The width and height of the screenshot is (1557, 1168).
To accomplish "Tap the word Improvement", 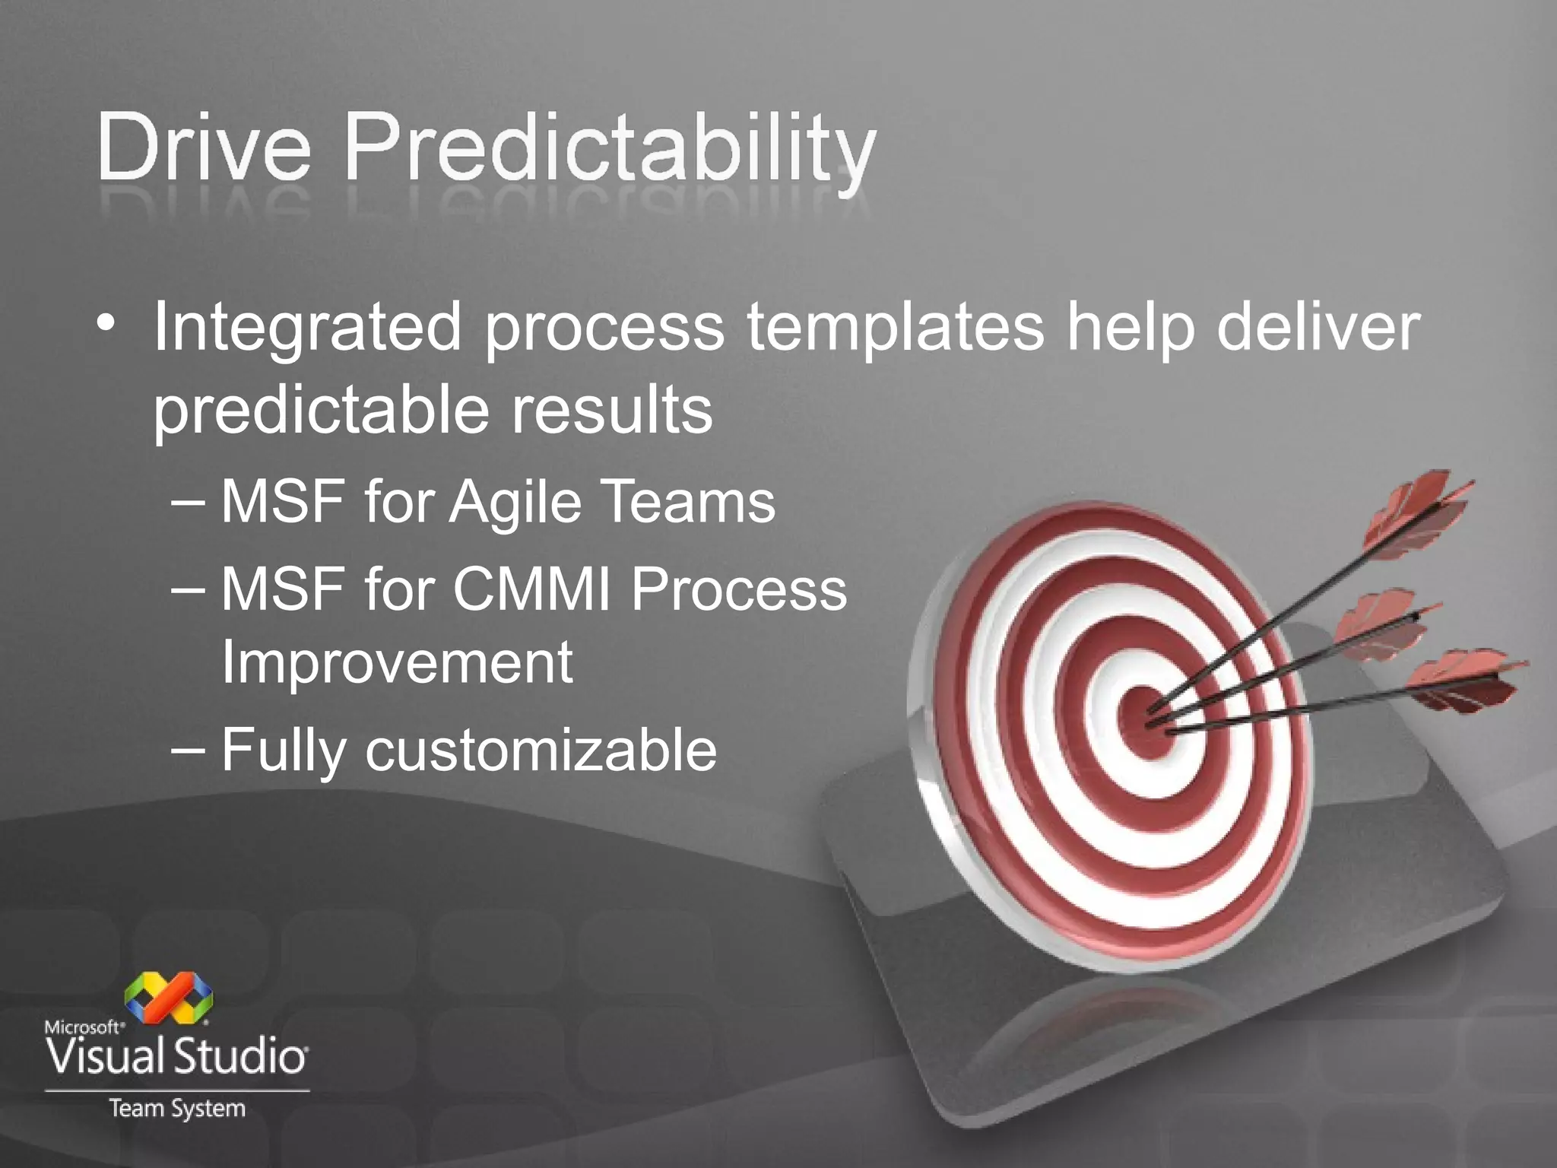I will point(396,662).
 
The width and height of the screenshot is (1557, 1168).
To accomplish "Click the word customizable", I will point(541,750).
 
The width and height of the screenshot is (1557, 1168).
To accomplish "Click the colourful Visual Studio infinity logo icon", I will point(169,997).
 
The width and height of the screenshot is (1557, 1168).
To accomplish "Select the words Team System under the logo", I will point(177,1108).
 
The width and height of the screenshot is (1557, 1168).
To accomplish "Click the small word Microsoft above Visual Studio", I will point(84,1027).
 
